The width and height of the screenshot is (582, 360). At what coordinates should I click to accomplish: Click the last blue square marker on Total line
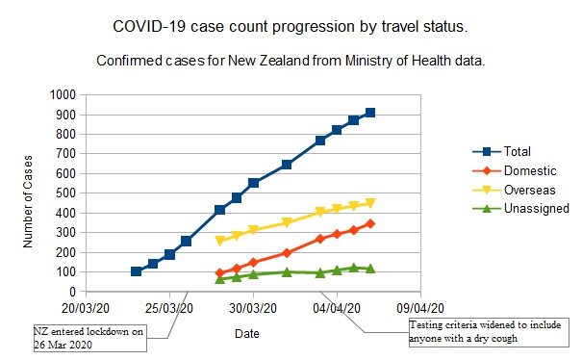point(370,113)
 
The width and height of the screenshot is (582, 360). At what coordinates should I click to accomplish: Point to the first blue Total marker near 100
point(137,271)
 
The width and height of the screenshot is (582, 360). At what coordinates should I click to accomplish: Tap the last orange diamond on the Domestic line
point(370,223)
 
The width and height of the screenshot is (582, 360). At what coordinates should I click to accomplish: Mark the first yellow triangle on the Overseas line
point(220,241)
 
